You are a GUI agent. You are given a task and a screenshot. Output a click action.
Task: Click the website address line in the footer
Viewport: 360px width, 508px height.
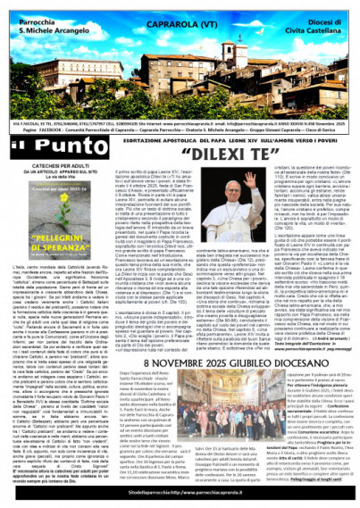180,491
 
